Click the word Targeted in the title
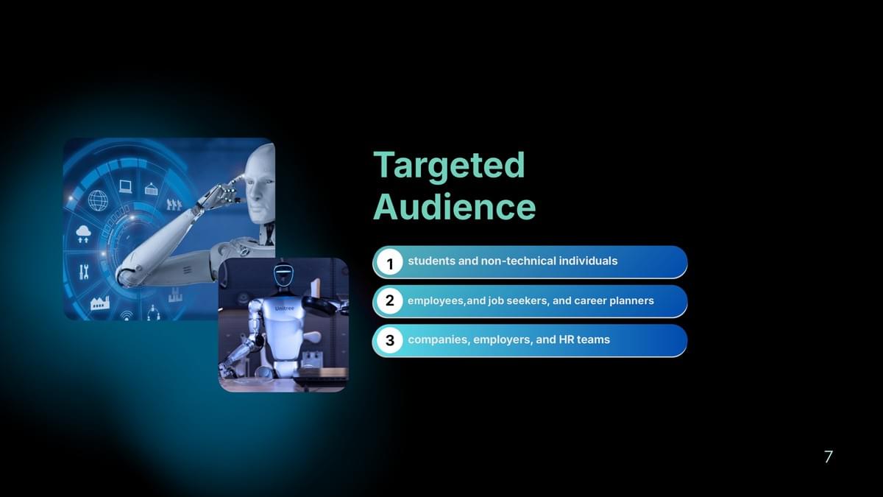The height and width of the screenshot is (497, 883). point(449,165)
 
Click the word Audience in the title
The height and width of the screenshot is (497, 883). point(455,207)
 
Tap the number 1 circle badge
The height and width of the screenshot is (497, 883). point(389,263)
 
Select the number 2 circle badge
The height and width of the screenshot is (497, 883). point(389,301)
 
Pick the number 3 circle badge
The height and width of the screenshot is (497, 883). point(389,340)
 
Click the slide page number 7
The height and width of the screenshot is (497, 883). point(829,457)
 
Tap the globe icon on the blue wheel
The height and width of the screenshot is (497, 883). point(98,200)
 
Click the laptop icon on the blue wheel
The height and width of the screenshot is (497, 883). point(125,186)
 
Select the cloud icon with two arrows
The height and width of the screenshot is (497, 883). point(83,234)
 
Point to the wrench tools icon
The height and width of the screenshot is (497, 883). point(84,272)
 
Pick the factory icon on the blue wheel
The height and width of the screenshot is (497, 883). point(100,303)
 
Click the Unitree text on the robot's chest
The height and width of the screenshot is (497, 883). point(284,309)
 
